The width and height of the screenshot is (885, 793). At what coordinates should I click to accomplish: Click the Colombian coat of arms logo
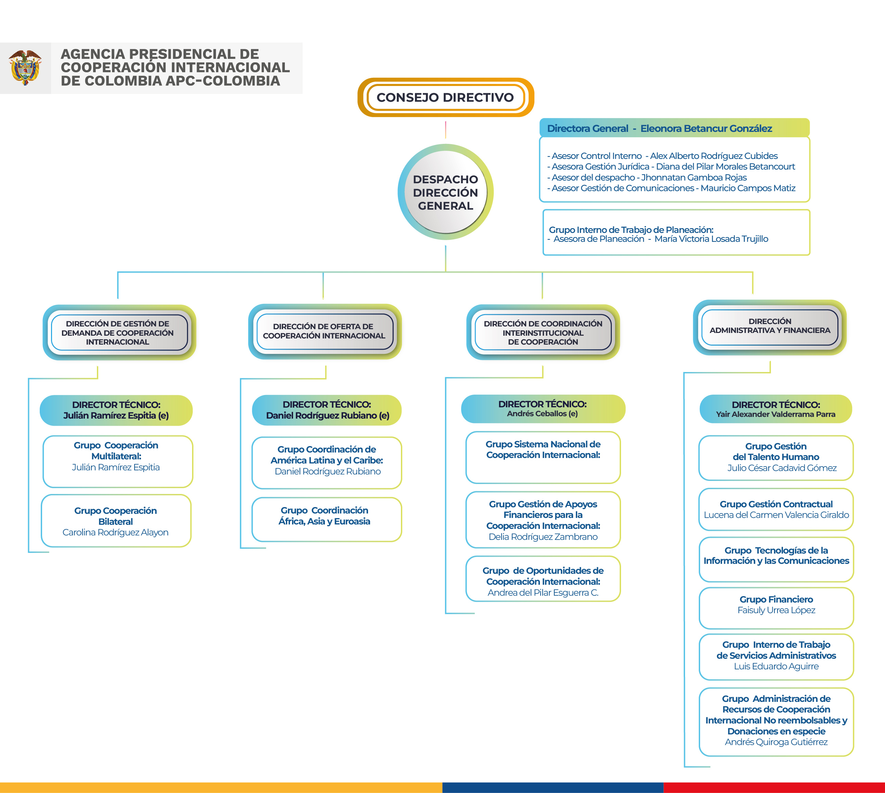point(25,67)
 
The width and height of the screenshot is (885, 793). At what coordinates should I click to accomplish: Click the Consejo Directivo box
point(445,97)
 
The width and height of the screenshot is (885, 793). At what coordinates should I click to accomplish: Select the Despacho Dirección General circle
point(445,192)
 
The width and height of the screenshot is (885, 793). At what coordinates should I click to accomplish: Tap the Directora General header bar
point(674,128)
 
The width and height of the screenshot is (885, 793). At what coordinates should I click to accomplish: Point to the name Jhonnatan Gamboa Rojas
point(694,177)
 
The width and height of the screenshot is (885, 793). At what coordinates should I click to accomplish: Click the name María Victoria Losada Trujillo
point(711,239)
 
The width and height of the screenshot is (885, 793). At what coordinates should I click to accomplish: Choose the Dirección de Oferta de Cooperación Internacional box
point(325,331)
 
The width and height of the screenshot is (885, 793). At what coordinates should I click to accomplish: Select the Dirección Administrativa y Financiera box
point(770,327)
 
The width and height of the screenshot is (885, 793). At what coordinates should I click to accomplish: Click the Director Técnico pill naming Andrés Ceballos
point(543,409)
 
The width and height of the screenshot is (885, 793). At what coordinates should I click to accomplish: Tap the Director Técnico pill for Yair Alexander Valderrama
point(776,409)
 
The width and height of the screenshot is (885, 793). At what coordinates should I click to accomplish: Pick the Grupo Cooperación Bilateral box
point(116,521)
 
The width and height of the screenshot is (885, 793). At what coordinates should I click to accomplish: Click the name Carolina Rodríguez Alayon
point(115,532)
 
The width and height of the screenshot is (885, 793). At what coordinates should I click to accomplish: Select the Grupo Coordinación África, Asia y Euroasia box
point(327,519)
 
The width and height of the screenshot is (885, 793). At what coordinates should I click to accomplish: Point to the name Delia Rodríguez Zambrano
point(543,537)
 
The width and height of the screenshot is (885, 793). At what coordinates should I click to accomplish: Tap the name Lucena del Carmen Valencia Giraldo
point(776,515)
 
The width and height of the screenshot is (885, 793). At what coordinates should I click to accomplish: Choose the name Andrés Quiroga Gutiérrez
point(776,742)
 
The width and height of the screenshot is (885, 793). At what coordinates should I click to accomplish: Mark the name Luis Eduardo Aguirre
point(776,666)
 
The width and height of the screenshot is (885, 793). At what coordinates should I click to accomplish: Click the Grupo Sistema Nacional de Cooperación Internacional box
point(543,458)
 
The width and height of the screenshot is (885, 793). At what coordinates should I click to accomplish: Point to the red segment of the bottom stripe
point(774,788)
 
